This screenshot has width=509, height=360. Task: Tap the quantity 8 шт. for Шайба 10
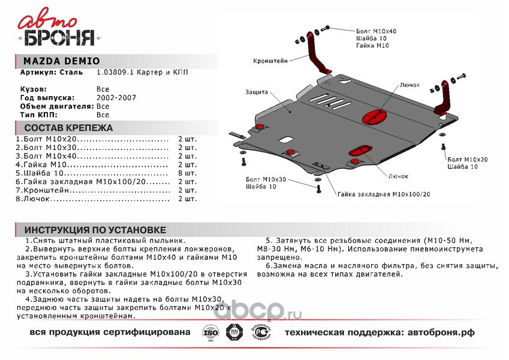[187, 172]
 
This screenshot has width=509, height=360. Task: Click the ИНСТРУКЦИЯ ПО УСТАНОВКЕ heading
[95, 230]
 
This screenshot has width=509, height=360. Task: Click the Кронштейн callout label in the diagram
[270, 61]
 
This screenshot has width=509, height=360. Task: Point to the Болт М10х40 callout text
[376, 31]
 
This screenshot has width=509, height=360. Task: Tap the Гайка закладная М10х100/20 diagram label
[383, 194]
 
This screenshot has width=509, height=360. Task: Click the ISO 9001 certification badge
[209, 332]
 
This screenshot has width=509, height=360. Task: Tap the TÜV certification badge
[232, 332]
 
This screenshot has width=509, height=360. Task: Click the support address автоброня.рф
[432, 332]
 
